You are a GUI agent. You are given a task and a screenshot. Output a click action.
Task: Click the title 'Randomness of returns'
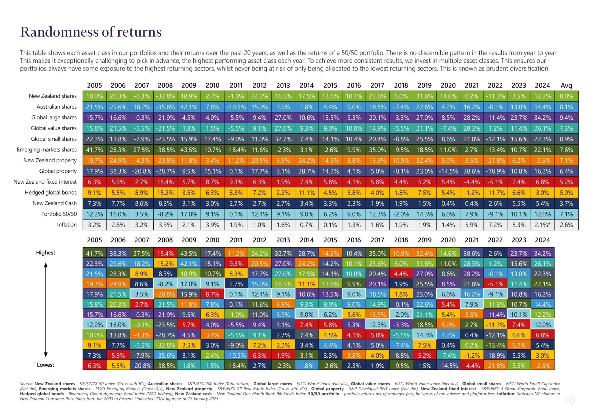[91, 32]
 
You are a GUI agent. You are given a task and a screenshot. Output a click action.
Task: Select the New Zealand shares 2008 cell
[165, 96]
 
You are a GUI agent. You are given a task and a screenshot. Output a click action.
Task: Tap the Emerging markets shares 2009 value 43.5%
[189, 150]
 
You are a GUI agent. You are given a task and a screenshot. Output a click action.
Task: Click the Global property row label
[58, 171]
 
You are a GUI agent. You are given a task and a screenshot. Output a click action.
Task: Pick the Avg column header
[566, 85]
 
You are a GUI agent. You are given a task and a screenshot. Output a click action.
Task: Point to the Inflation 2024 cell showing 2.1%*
[542, 225]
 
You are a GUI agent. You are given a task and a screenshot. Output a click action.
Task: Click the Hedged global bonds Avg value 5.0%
[566, 193]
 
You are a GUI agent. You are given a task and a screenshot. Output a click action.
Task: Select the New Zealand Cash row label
[54, 203]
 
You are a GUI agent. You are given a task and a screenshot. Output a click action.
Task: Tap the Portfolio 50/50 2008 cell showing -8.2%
[165, 214]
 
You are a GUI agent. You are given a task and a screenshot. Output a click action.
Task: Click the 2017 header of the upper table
[377, 85]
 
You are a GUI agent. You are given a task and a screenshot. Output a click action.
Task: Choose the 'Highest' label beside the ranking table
[46, 253]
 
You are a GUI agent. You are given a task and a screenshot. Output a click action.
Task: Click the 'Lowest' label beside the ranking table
[46, 365]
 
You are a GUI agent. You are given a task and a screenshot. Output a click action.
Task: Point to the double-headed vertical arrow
[46, 310]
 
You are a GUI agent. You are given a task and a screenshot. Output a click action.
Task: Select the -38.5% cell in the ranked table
[165, 366]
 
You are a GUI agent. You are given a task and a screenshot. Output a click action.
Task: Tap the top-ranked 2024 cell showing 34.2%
[542, 253]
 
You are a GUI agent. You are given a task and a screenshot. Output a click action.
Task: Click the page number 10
[569, 400]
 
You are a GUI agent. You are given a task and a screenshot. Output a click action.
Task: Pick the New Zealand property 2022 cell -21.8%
[495, 161]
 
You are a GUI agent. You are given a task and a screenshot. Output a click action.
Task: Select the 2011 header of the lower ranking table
[236, 240]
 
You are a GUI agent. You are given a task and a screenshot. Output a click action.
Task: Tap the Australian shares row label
[57, 107]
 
